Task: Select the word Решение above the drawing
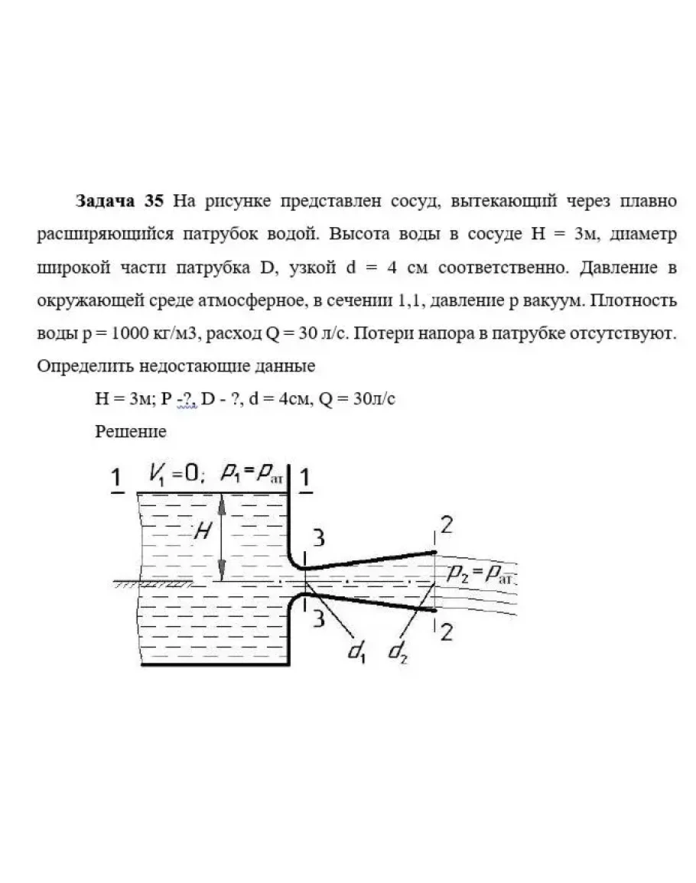(x=131, y=431)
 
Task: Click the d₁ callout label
(x=356, y=651)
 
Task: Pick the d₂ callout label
(x=398, y=651)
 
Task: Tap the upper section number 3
(x=320, y=537)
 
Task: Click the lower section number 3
(x=318, y=618)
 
